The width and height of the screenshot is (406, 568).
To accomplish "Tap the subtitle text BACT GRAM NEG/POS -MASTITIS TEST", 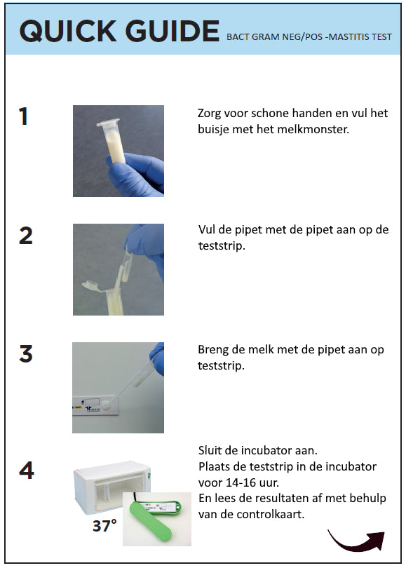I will [x=309, y=37].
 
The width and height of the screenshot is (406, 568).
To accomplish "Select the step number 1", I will [x=23, y=116].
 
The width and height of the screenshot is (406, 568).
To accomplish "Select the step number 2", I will [x=25, y=236].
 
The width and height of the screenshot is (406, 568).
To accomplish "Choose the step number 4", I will [x=26, y=471].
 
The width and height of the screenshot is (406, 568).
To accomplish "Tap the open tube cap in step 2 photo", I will [x=92, y=285].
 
